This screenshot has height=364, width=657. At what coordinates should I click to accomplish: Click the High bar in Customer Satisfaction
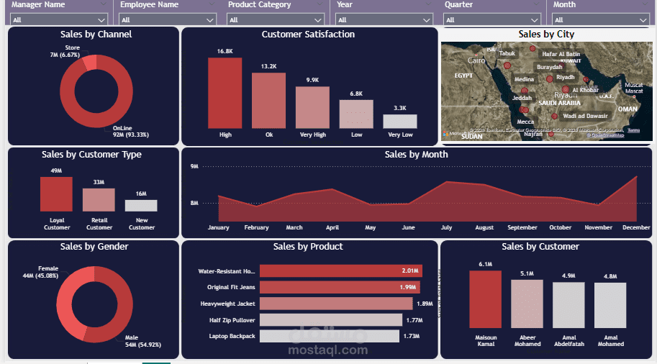click(225, 93)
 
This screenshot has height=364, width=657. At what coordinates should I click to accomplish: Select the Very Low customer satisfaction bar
click(400, 122)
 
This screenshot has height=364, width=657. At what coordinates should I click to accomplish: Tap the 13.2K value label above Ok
click(268, 66)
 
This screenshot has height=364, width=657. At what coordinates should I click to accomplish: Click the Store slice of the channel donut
click(89, 63)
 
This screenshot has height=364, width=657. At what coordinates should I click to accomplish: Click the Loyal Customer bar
click(56, 194)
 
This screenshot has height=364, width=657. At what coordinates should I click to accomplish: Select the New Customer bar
click(141, 205)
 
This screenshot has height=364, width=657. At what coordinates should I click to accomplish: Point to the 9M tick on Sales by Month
click(194, 166)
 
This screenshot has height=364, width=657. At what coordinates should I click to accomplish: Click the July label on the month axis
click(446, 227)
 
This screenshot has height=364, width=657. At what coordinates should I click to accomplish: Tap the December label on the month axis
click(636, 227)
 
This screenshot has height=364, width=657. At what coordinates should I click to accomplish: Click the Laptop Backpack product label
click(232, 336)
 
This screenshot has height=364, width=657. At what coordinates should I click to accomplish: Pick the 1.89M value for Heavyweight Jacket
click(425, 304)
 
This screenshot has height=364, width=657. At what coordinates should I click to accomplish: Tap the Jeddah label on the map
click(522, 98)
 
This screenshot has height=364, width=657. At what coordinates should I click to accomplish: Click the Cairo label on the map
click(476, 60)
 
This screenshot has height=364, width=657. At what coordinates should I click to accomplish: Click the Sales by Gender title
click(94, 247)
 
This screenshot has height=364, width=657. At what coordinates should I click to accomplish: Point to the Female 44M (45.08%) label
click(43, 273)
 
